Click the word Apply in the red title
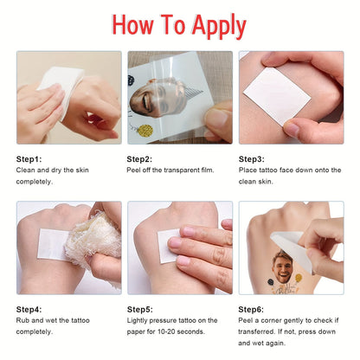[x=219, y=26]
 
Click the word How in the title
[x=132, y=24]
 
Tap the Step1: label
[x=29, y=159]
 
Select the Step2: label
[x=139, y=159]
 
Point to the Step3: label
[x=251, y=159]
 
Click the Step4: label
[x=29, y=310]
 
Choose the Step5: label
[x=140, y=310]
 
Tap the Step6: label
[x=251, y=310]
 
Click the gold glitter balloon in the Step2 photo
[x=145, y=131]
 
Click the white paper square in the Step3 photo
[x=277, y=96]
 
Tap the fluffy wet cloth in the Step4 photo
[x=93, y=240]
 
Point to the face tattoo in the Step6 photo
[x=282, y=267]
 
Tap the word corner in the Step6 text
[x=271, y=320]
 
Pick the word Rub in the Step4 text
[x=22, y=320]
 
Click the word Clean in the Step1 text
[x=26, y=170]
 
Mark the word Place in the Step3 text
[x=247, y=170]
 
